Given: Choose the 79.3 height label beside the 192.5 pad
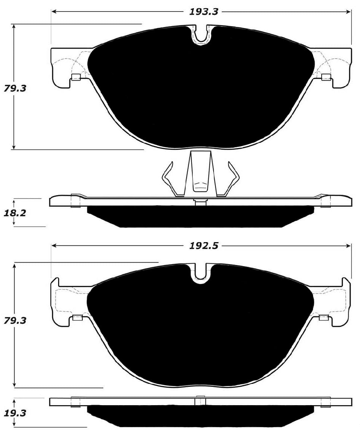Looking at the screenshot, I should pos(15,320).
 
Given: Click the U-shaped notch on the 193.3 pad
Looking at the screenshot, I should pos(201,35).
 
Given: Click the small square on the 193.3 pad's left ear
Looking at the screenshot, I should pos(76,77).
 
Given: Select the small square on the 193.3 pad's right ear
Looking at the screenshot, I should pos(326,77).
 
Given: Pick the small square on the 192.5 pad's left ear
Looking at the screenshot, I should pos(77,317).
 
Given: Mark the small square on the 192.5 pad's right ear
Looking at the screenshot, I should pos(324,317).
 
